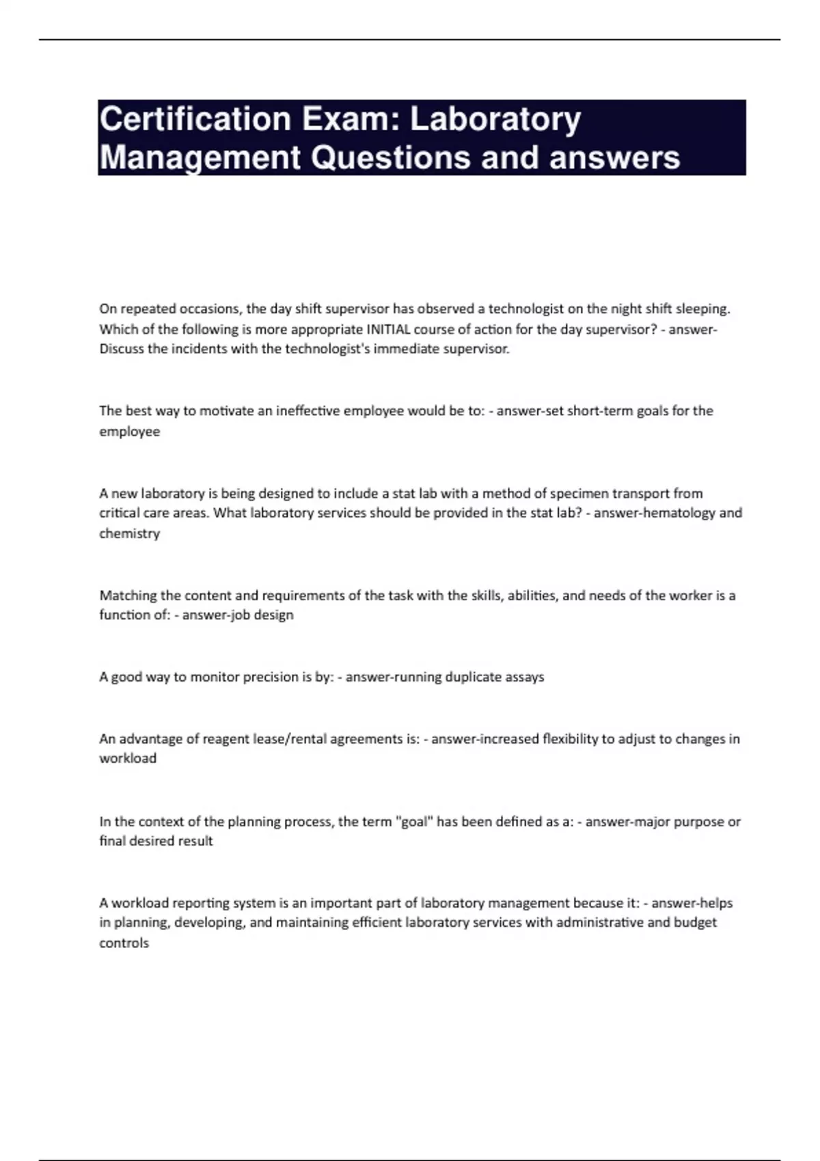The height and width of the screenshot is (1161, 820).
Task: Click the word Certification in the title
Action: [x=195, y=119]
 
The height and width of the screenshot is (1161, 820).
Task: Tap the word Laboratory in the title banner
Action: [x=495, y=120]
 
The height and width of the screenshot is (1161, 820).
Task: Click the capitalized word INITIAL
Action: [x=389, y=329]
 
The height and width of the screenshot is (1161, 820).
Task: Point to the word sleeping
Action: [x=702, y=309]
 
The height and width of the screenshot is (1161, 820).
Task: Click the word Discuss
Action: [x=122, y=349]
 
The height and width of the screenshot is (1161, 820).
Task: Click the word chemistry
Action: [x=129, y=533]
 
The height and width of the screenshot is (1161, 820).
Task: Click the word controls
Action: [x=124, y=943]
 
